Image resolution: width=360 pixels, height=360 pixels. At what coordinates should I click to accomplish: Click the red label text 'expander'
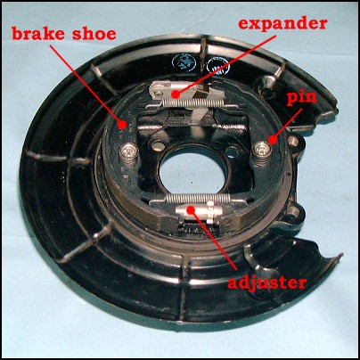(282, 24)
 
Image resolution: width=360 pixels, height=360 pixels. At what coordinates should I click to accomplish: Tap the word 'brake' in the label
(38, 34)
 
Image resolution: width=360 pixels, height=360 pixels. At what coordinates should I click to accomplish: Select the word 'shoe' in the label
(94, 34)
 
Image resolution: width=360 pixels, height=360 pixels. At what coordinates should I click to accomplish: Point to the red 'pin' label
(301, 99)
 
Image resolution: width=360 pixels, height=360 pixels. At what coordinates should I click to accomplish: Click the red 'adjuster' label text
(266, 282)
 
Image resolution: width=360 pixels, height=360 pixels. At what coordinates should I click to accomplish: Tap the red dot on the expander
(176, 94)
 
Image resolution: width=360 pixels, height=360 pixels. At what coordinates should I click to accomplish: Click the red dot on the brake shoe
(122, 124)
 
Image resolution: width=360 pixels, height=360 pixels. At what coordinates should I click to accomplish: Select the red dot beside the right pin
(273, 140)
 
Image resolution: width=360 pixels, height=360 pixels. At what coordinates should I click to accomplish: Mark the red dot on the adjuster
(192, 209)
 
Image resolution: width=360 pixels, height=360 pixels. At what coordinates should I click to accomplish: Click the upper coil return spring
(193, 103)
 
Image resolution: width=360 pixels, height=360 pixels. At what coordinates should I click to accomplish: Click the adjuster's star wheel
(210, 212)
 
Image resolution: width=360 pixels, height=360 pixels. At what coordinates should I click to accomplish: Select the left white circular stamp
(183, 62)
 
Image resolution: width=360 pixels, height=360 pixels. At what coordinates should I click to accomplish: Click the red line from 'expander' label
(225, 65)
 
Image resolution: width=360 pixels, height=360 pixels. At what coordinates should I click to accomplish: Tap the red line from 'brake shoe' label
(86, 85)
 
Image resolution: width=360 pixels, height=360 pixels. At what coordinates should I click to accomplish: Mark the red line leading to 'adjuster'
(214, 240)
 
